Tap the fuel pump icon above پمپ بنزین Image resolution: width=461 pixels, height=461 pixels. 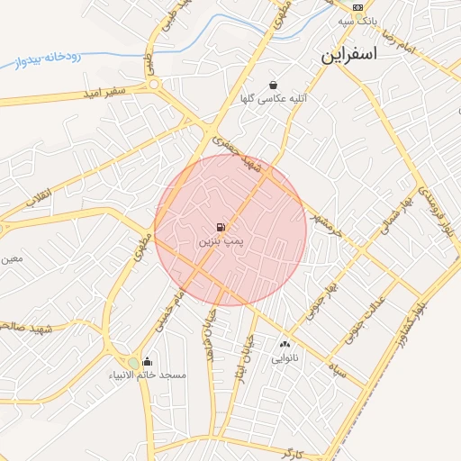[x=221, y=227]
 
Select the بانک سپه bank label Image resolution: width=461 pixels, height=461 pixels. [x=357, y=20]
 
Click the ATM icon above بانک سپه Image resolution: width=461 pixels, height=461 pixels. [x=357, y=6]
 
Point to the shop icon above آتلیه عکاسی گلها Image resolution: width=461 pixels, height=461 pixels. [x=273, y=86]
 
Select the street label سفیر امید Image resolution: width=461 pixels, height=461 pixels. [x=105, y=92]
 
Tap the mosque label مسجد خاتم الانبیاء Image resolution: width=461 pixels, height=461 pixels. [x=148, y=375]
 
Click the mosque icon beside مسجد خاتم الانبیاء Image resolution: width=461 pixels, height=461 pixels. [x=148, y=362]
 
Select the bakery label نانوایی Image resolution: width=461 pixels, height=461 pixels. [x=285, y=357]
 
